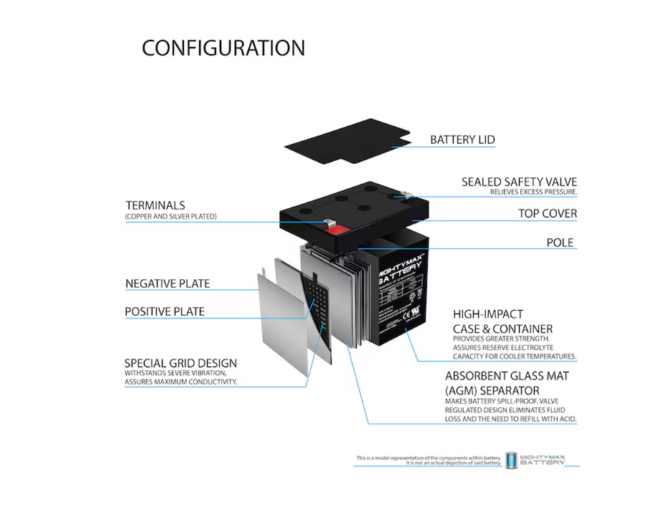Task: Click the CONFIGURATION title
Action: pyautogui.click(x=223, y=48)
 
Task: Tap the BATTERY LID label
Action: pyautogui.click(x=462, y=139)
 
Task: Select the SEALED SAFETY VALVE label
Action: pyautogui.click(x=519, y=182)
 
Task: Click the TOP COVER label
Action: pyautogui.click(x=547, y=214)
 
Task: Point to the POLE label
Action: pyautogui.click(x=560, y=242)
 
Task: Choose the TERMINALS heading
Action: pyautogui.click(x=155, y=205)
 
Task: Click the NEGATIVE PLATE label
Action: pyautogui.click(x=167, y=283)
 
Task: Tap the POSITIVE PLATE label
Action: pyautogui.click(x=164, y=312)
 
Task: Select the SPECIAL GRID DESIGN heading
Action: pyautogui.click(x=180, y=363)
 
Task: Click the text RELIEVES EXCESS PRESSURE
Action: pyautogui.click(x=534, y=193)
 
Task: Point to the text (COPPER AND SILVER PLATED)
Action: pyautogui.click(x=171, y=216)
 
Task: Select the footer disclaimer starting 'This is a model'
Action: pyautogui.click(x=429, y=460)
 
